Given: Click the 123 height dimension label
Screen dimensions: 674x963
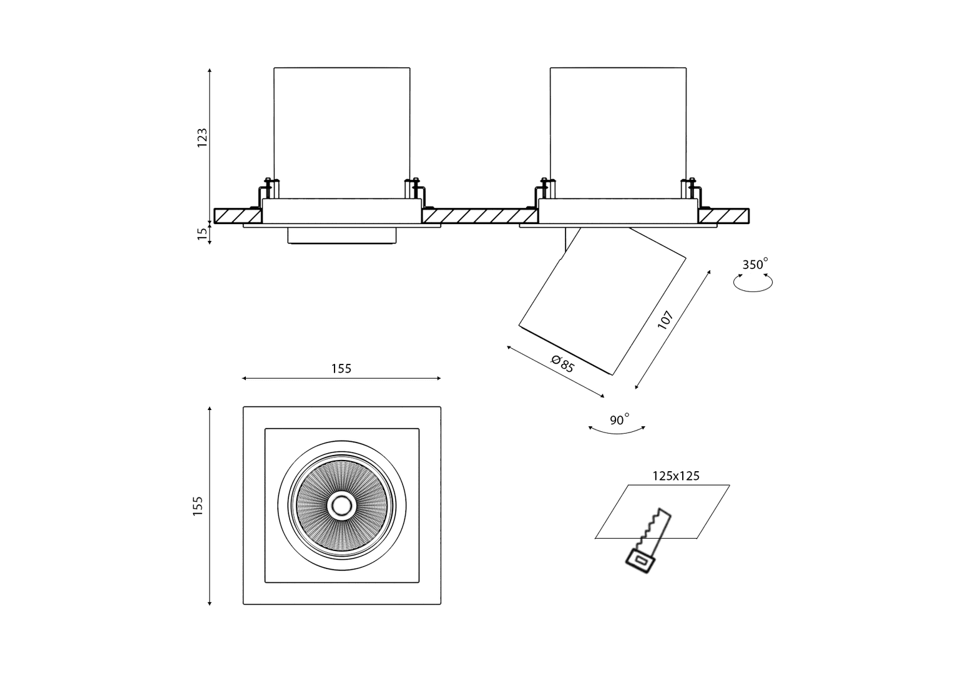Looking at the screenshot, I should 202,138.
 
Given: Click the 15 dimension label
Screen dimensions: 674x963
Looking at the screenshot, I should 202,234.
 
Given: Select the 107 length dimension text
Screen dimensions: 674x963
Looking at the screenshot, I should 665,321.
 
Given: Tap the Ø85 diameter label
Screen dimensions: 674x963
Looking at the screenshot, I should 562,363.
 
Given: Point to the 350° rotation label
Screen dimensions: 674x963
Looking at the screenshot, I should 754,265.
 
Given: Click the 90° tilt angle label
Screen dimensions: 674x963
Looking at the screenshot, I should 618,420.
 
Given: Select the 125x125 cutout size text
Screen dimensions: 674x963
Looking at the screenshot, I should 676,476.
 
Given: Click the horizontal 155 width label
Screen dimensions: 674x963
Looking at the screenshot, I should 341,369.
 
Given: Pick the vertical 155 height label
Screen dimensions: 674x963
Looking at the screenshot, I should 198,506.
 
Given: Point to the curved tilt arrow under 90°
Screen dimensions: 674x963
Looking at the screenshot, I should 617,431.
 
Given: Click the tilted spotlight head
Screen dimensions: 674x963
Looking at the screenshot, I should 602,300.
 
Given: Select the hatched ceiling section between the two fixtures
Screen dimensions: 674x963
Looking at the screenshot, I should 479,216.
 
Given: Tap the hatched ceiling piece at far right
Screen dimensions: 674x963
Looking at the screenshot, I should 723,216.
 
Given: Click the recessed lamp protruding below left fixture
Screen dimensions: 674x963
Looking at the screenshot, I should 342,236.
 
